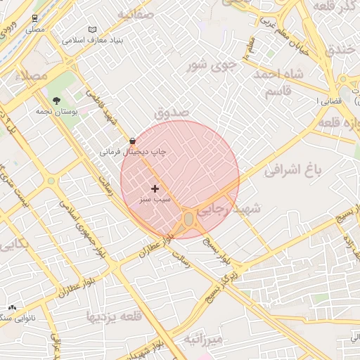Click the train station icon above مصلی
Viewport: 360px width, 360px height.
[x=35, y=18]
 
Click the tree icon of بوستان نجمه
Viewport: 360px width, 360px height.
[x=56, y=101]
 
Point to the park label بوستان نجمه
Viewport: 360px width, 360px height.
[x=56, y=111]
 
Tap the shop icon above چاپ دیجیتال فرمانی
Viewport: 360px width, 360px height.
[x=132, y=141]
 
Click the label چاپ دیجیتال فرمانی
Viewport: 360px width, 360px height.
[x=133, y=151]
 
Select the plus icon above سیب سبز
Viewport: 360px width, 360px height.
[x=155, y=188]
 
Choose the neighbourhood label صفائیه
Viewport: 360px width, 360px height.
[x=135, y=14]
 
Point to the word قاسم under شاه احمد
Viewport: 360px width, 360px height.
[x=282, y=92]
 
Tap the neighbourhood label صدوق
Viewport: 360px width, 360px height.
[x=171, y=112]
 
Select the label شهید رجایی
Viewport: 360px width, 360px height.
[x=229, y=209]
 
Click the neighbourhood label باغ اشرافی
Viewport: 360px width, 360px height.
[x=295, y=169]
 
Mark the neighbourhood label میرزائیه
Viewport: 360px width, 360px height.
[x=203, y=340]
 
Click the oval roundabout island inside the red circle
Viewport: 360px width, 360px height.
[x=188, y=220]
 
